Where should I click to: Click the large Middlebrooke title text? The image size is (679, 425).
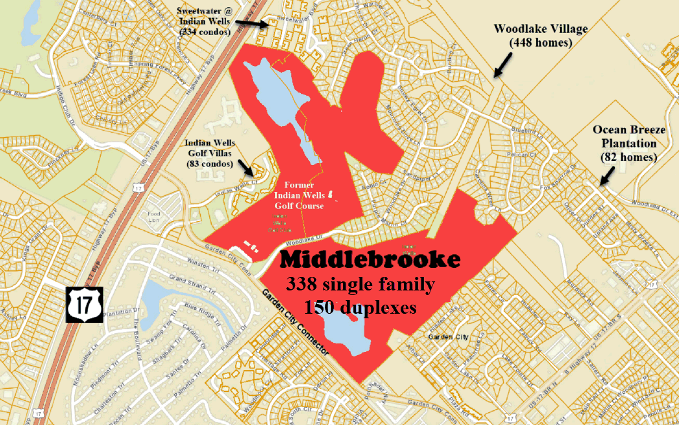click(x=371, y=260)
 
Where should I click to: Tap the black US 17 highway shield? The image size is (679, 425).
click(x=84, y=303)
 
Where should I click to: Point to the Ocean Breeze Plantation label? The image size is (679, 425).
click(x=625, y=136)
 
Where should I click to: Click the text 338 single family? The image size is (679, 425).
click(x=361, y=284)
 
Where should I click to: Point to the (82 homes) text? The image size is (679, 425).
click(x=625, y=157)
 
